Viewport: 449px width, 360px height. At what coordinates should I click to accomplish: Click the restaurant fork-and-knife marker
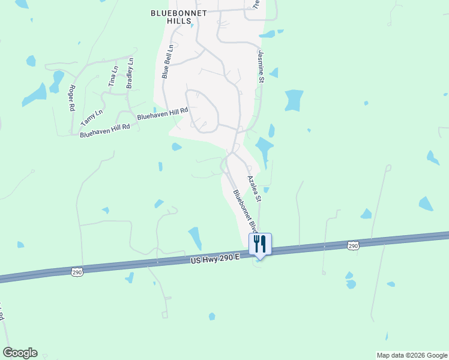click(x=260, y=244)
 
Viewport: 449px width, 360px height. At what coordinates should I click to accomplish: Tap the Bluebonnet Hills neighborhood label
click(x=179, y=16)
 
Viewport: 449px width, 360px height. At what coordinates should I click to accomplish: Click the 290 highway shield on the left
click(x=77, y=272)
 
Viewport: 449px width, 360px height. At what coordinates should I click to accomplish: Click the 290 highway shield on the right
click(x=353, y=245)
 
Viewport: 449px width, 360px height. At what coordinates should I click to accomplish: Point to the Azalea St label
click(x=255, y=188)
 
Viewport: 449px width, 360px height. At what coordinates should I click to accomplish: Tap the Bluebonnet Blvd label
click(x=246, y=211)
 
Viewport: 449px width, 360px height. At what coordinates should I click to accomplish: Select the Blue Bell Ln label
click(x=167, y=61)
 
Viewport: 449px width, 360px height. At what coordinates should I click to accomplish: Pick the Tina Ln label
click(x=113, y=77)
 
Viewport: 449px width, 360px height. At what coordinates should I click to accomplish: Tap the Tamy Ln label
click(x=92, y=118)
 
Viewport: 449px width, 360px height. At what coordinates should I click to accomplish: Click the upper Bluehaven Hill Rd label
click(x=163, y=114)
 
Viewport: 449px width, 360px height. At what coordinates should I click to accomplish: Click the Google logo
click(x=20, y=353)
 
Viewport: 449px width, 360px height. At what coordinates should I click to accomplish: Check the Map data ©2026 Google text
click(x=412, y=355)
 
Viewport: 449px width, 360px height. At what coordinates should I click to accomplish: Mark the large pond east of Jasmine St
click(x=294, y=100)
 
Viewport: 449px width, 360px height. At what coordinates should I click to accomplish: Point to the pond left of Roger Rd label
click(x=35, y=94)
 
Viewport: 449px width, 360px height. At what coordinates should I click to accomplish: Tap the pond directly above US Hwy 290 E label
click(x=195, y=238)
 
